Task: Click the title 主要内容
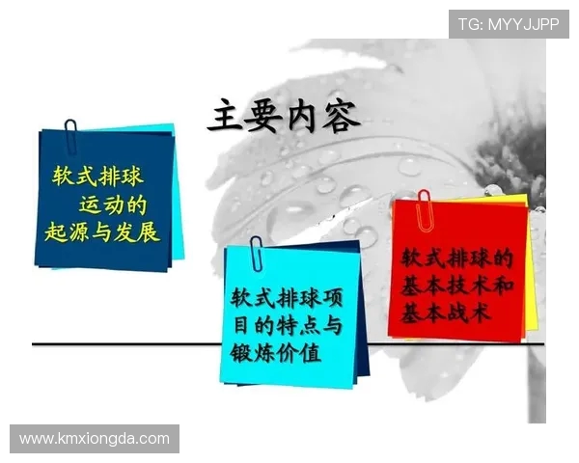[284, 117]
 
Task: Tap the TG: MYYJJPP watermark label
[509, 24]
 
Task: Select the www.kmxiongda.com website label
[95, 439]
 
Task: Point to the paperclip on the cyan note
[256, 252]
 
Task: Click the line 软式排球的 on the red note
[456, 259]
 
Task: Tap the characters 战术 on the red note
[469, 313]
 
